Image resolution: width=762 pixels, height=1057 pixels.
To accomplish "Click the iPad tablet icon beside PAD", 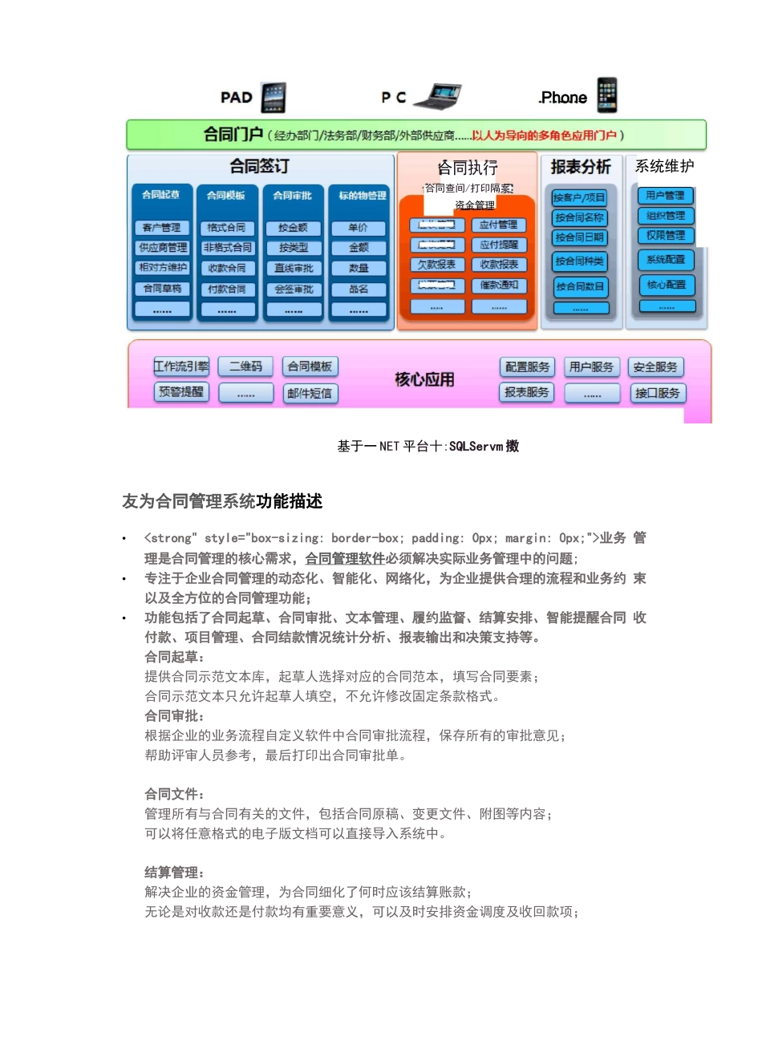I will tap(274, 97).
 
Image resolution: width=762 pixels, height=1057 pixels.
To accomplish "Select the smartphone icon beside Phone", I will tap(607, 95).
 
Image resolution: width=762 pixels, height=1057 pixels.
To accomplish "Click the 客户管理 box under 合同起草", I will tap(162, 228).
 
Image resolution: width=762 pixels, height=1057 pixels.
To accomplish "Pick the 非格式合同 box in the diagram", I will tap(228, 248).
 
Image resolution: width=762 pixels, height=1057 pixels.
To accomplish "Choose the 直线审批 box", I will tap(294, 269).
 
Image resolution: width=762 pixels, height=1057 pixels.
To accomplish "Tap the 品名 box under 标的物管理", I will tap(359, 290).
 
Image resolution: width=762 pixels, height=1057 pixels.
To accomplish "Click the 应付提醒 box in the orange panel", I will tap(499, 245).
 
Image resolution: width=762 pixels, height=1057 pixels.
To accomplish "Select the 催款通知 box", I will tap(499, 286).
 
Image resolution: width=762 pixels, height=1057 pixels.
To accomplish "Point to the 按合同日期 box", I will tap(580, 237).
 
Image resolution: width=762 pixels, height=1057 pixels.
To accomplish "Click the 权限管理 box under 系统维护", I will tap(666, 236).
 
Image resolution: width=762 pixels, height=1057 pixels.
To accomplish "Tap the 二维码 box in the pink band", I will tap(245, 367).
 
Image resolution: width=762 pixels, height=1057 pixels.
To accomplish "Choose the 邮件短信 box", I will tap(310, 393).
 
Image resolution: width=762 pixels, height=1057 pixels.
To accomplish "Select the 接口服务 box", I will tap(657, 393).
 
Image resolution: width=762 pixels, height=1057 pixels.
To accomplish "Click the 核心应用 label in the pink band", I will tap(424, 379).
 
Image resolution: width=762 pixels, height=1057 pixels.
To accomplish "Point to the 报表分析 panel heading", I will tap(581, 167).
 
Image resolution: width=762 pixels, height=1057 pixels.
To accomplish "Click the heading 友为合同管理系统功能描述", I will tap(222, 501).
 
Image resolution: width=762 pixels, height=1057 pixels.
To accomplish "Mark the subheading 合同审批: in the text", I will tap(174, 716).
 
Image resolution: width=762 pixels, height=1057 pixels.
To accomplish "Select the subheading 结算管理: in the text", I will tap(174, 873).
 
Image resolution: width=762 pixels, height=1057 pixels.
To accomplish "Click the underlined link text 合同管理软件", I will tap(345, 559).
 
